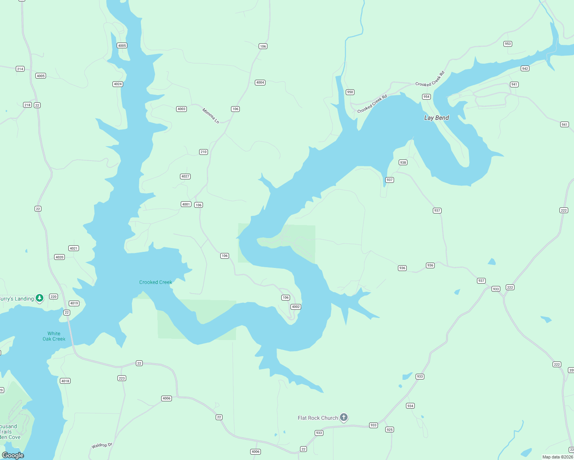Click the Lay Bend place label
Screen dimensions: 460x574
pos(436,118)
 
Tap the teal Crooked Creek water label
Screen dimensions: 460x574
pos(155,282)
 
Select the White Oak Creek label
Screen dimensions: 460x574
pos(54,336)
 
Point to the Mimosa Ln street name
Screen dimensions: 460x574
pos(211,116)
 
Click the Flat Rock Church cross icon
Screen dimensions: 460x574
pos(344,417)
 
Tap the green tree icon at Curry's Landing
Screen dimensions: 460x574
pos(40,298)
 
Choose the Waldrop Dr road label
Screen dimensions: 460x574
pos(102,445)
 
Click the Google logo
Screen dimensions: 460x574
pos(13,455)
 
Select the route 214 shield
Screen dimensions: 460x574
pos(20,69)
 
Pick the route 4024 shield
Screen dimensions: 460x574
pos(118,84)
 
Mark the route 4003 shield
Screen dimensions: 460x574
pos(181,109)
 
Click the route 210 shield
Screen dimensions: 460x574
pos(203,152)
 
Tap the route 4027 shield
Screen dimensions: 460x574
pos(185,176)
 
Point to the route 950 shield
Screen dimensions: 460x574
pos(350,92)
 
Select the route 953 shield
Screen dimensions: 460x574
pos(508,44)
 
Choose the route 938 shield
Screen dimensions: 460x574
pos(403,163)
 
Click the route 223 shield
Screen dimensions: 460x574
pos(122,378)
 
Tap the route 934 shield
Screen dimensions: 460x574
pos(410,406)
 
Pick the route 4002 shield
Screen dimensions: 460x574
pos(295,307)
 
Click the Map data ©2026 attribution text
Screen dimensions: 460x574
pos(558,457)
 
